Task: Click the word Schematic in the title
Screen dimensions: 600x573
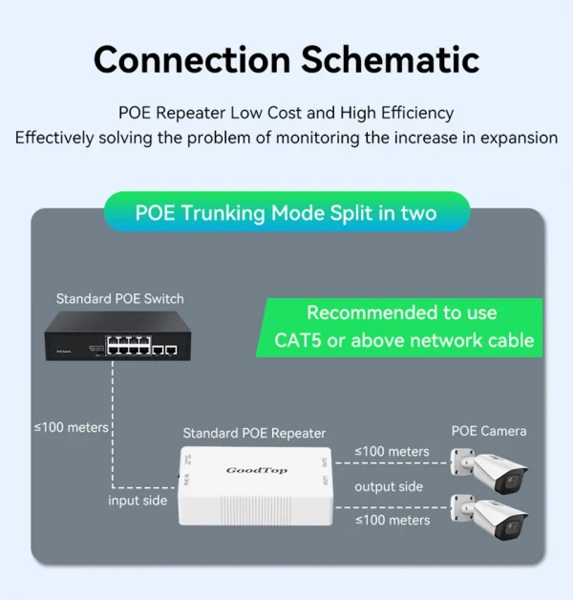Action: point(391,59)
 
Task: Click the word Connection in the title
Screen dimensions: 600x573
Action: point(191,59)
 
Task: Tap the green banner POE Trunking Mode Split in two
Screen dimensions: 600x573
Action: point(286,212)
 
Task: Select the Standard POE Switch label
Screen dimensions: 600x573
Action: point(119,299)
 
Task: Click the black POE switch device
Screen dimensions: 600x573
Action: point(114,339)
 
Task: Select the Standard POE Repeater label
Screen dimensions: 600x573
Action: point(254,433)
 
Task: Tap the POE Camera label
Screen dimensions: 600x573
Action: point(489,431)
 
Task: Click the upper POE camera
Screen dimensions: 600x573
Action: point(495,471)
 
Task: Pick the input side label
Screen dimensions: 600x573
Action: point(138,501)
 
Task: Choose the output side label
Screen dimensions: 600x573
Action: point(389,486)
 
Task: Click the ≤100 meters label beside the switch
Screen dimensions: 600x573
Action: point(72,427)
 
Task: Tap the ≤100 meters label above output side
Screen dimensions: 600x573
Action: point(392,451)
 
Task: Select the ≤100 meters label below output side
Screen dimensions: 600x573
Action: point(392,520)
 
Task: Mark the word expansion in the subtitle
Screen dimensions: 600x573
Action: point(511,138)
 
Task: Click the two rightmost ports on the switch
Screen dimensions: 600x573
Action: point(164,350)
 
